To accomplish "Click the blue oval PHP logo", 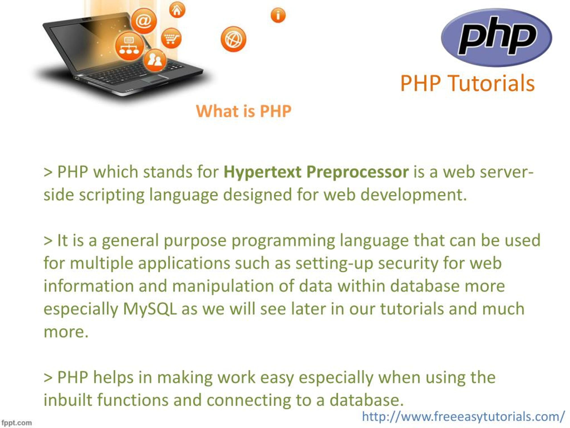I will click(x=496, y=37).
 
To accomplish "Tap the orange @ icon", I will click(x=144, y=21).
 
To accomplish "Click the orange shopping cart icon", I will click(x=171, y=38).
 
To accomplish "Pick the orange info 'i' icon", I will click(x=278, y=15).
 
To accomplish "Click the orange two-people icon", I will click(x=155, y=60).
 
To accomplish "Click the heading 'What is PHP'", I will click(x=244, y=111).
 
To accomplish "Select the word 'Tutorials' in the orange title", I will click(x=491, y=83).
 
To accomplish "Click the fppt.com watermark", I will click(x=16, y=423).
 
